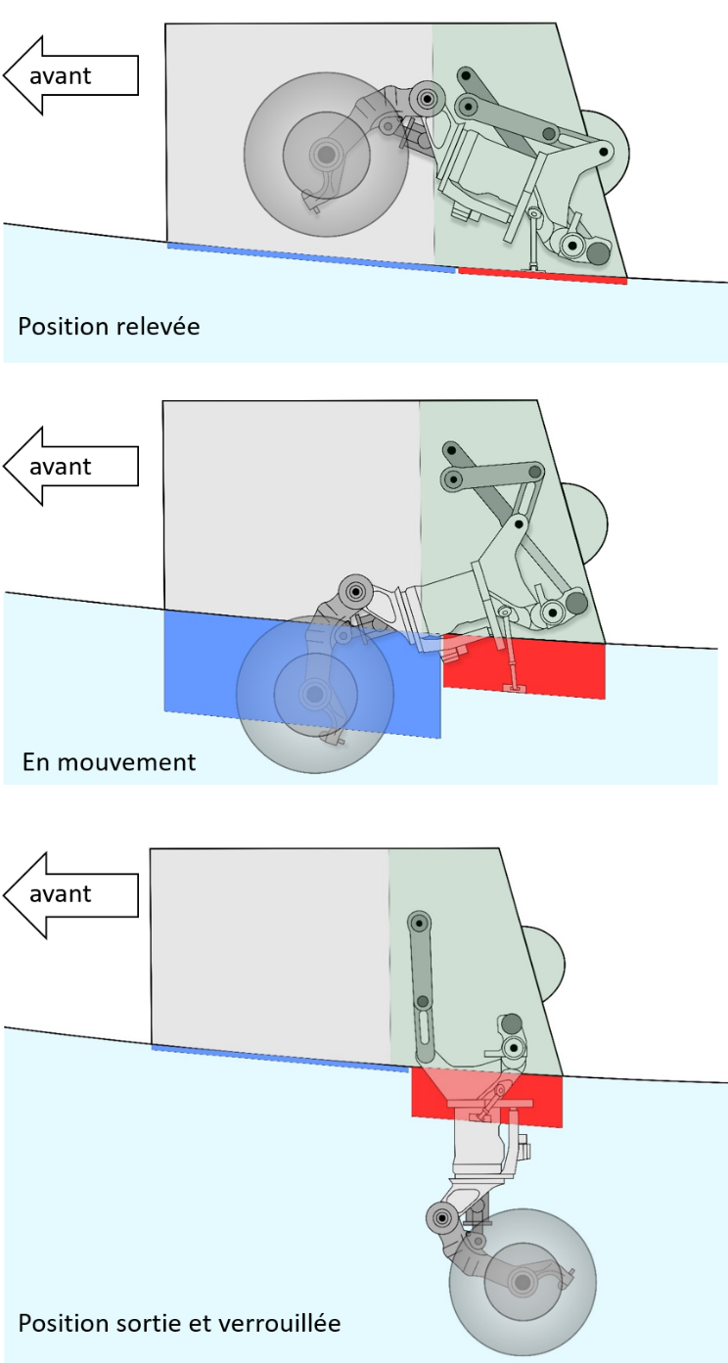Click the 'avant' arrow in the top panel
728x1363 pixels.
(x=69, y=75)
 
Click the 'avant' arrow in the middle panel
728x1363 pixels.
(x=69, y=467)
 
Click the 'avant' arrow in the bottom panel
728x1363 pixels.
(x=69, y=893)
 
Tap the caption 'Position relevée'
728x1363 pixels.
(x=109, y=326)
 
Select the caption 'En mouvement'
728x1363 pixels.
(x=109, y=761)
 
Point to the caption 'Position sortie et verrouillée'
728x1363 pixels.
(x=179, y=1324)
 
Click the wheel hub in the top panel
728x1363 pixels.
(x=324, y=154)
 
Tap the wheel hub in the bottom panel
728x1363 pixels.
(x=523, y=1281)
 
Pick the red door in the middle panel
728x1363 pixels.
(x=548, y=670)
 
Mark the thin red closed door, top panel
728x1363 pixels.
(x=543, y=276)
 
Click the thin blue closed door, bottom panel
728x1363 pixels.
(x=279, y=1058)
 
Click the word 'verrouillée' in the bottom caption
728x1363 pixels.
(x=285, y=1324)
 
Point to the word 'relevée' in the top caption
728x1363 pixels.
(x=160, y=326)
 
